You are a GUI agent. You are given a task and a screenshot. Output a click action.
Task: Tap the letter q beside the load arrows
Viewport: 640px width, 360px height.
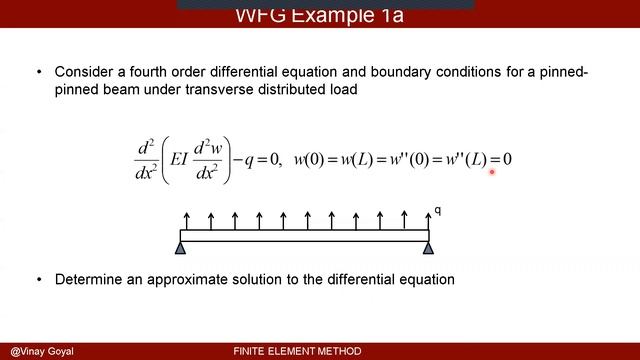pos(438,211)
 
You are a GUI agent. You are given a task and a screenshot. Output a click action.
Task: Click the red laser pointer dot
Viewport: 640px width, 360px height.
pos(493,172)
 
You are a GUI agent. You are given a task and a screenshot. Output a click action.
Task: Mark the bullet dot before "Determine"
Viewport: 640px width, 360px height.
pos(39,280)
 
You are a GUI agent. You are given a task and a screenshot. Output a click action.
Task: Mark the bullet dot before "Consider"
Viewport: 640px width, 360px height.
pos(39,73)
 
